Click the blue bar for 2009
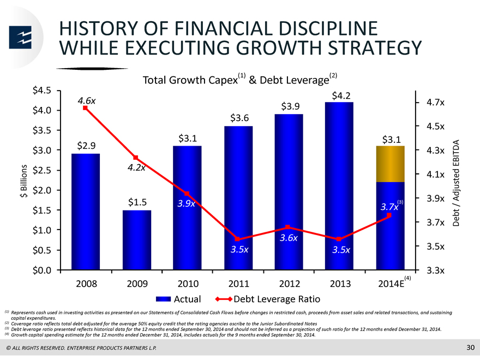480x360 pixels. click(x=137, y=240)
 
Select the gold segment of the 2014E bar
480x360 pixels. click(x=391, y=164)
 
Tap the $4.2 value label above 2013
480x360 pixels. click(x=341, y=96)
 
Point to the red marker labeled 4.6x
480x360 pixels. click(x=85, y=108)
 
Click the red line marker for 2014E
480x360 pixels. click(x=389, y=215)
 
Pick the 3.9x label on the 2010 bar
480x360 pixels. click(x=186, y=203)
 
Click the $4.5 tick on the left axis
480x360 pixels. click(x=42, y=91)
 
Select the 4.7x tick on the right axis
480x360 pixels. click(x=436, y=102)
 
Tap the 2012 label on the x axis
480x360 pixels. click(x=289, y=284)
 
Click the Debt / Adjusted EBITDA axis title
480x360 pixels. click(x=456, y=183)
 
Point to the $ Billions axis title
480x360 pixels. click(x=24, y=181)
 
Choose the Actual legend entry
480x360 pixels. click(x=178, y=299)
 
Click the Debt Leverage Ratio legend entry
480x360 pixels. click(x=268, y=299)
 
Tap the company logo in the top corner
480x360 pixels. click(x=20, y=37)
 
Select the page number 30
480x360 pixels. click(x=470, y=347)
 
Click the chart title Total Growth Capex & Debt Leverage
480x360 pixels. click(x=239, y=79)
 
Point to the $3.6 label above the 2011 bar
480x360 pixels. click(x=239, y=118)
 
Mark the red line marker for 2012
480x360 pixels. click(x=287, y=227)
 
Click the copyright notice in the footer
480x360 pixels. click(x=81, y=348)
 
